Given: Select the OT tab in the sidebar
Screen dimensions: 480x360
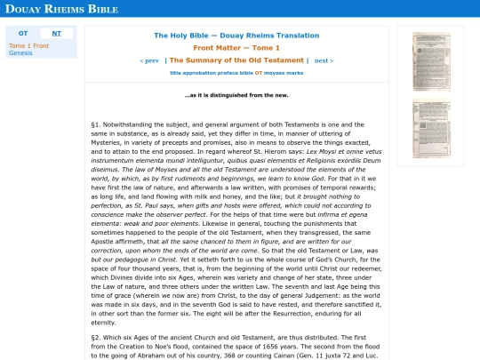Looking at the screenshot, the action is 23,33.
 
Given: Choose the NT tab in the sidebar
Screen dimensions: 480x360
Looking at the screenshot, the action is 57,33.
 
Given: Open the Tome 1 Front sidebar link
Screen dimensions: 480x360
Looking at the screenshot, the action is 28,44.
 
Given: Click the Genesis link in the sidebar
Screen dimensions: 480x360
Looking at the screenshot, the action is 20,52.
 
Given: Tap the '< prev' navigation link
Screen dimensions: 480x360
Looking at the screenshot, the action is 149,60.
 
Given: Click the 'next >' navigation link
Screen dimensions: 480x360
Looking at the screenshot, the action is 324,60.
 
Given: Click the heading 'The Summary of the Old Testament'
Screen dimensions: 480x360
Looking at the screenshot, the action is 236,60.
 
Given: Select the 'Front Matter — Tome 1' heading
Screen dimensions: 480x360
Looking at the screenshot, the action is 236,47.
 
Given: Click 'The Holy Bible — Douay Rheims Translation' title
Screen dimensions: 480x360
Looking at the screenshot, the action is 236,36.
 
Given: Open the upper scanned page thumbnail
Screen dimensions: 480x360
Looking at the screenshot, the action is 431,61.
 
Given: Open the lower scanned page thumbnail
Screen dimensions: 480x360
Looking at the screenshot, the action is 431,129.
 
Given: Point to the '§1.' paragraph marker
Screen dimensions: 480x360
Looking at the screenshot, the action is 97,124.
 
